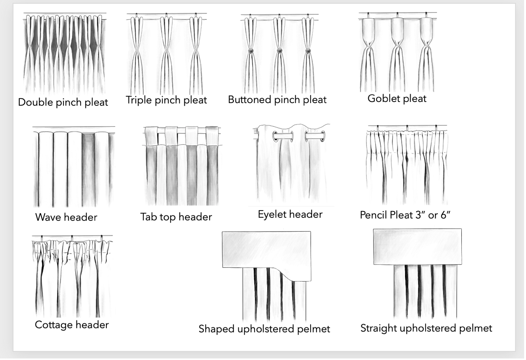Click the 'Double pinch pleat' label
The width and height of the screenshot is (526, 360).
(63, 103)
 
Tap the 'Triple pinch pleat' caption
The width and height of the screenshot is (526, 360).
(166, 100)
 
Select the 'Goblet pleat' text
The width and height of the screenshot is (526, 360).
(397, 99)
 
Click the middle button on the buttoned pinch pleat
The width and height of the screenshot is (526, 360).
(279, 51)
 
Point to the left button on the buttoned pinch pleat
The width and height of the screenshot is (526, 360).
(250, 51)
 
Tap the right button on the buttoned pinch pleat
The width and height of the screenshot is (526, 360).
(308, 51)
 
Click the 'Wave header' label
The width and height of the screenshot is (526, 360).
(66, 217)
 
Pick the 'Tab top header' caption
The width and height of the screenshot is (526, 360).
(176, 217)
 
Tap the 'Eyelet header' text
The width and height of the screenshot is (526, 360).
(290, 214)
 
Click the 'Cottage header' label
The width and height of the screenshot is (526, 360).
(72, 325)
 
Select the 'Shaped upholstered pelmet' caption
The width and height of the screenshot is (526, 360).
(265, 329)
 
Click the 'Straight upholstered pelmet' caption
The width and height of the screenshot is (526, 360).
(426, 328)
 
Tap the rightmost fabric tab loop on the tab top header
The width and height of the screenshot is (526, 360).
(212, 136)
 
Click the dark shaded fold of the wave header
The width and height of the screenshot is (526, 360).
(88, 169)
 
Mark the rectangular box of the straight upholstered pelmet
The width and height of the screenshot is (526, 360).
(418, 247)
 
